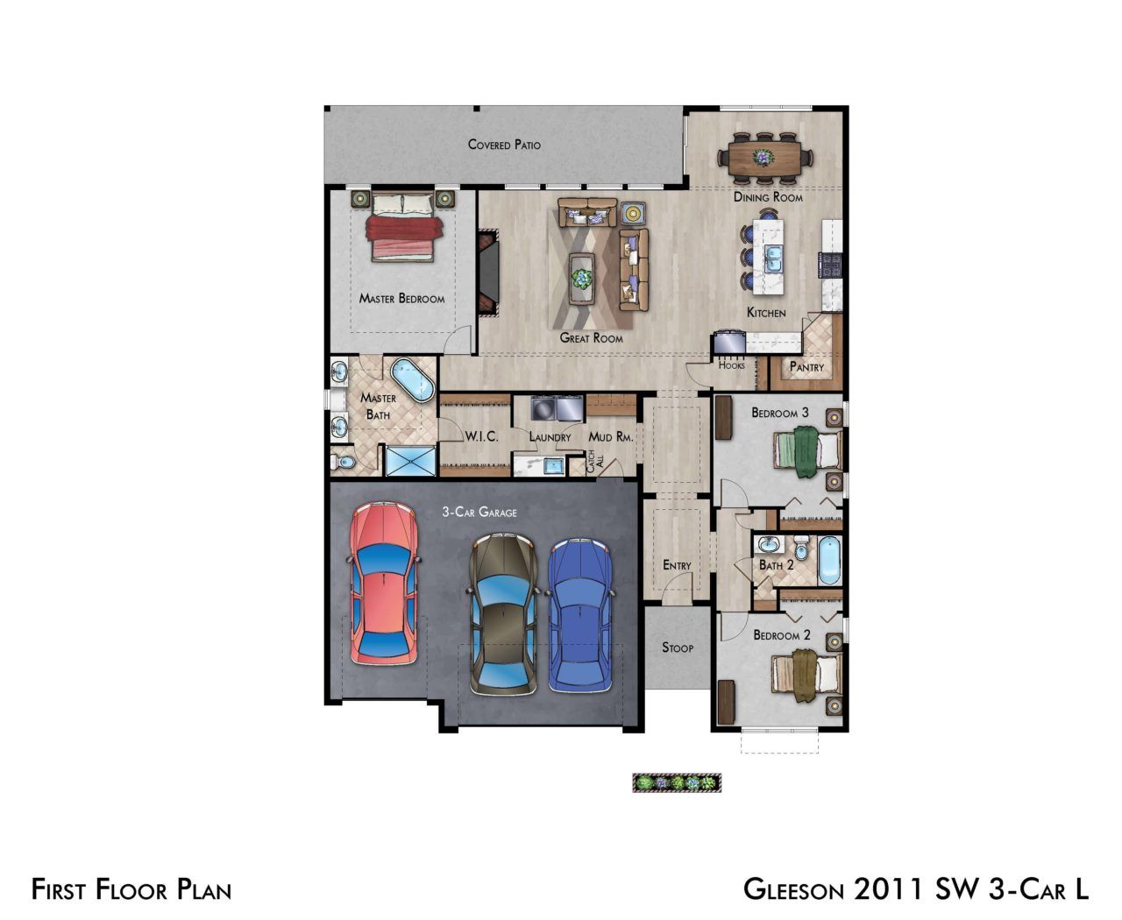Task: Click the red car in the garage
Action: (x=384, y=583)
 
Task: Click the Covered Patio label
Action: (x=504, y=144)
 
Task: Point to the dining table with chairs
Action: (x=764, y=158)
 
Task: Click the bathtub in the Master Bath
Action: (x=413, y=379)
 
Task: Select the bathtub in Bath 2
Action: (x=829, y=561)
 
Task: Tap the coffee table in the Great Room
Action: (x=581, y=278)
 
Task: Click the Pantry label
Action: (x=806, y=367)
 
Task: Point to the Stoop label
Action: (x=678, y=648)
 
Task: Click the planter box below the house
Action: (x=677, y=782)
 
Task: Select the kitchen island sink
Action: (x=773, y=259)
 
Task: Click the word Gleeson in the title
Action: (x=793, y=889)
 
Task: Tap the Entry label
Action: (x=677, y=565)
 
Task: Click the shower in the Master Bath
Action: (x=411, y=461)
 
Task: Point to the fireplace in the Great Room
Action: (x=488, y=272)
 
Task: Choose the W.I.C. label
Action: (x=481, y=436)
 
